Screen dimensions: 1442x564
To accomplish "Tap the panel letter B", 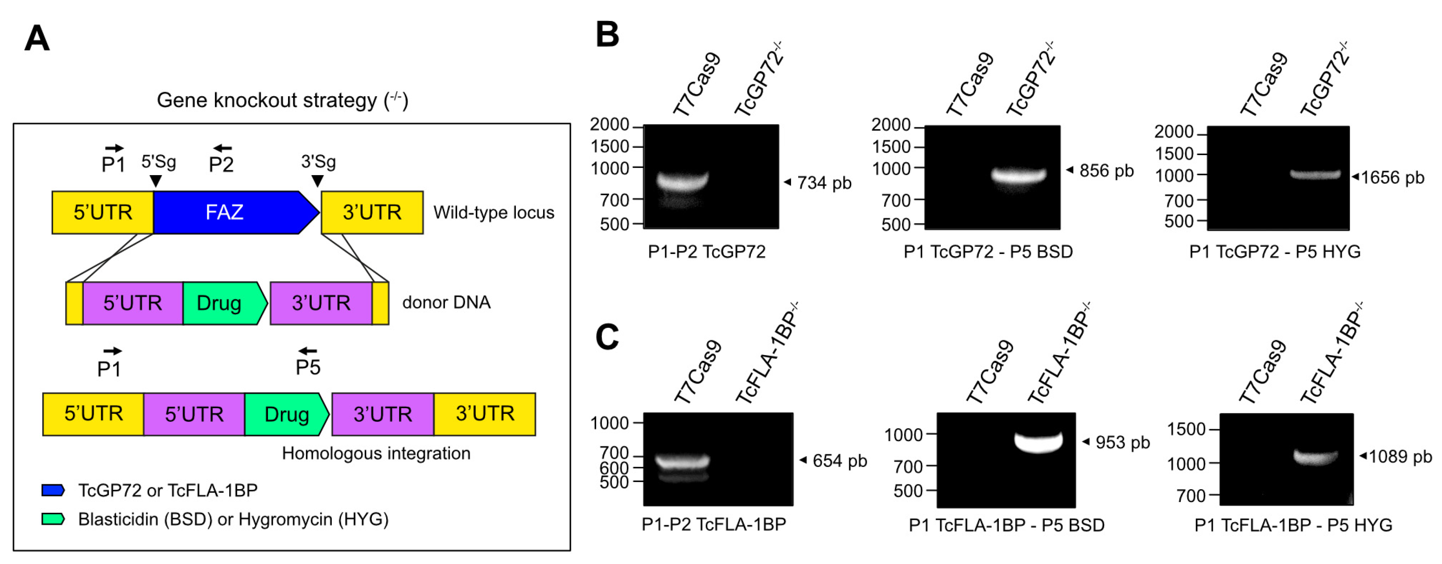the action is pos(607,35).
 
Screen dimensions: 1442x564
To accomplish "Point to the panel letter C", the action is pos(607,337).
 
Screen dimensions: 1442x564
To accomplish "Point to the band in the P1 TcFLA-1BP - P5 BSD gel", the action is pos(1038,441).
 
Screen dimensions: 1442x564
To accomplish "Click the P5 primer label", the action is pos(308,368).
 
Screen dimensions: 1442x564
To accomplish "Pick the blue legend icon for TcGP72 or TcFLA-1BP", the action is pos(53,490).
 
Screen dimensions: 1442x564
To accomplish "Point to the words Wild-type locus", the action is pos(494,213).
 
